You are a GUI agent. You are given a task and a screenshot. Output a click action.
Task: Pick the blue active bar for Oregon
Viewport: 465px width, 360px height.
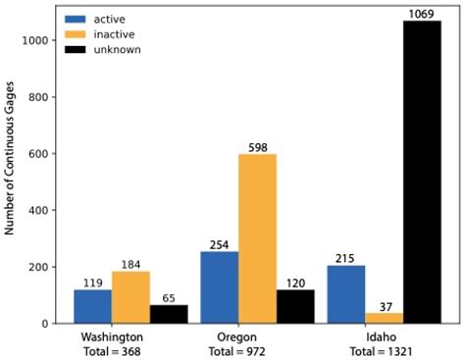pyautogui.click(x=219, y=287)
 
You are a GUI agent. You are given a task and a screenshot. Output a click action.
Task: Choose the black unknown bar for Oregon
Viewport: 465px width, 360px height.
pyautogui.click(x=295, y=306)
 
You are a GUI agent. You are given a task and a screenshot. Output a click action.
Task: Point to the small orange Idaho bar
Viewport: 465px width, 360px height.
pyautogui.click(x=384, y=318)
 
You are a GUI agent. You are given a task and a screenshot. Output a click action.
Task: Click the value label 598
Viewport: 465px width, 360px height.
pyautogui.click(x=257, y=146)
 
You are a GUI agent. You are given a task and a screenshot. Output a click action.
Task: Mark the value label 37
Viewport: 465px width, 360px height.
pyautogui.click(x=384, y=305)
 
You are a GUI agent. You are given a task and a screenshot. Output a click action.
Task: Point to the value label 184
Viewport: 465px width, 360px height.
pyautogui.click(x=130, y=264)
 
